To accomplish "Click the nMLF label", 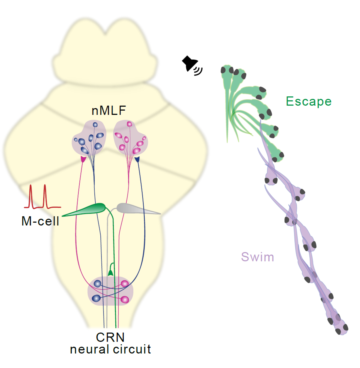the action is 107,111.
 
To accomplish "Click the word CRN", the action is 110,337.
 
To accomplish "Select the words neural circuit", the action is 110,349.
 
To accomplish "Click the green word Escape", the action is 309,101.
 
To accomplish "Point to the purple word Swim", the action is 258,257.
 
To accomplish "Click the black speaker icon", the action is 192,65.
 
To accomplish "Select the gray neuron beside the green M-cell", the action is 137,209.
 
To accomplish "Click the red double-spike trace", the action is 42,197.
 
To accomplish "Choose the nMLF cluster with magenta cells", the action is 130,138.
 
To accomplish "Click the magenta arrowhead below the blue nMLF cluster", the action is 83,160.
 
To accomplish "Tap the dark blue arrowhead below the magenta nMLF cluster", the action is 137,160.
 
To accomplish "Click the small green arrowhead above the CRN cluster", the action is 110,273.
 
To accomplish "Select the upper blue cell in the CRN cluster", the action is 97,284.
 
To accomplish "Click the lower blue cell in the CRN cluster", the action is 96,298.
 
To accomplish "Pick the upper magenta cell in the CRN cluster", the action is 124,284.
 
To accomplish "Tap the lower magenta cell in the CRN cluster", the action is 125,299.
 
